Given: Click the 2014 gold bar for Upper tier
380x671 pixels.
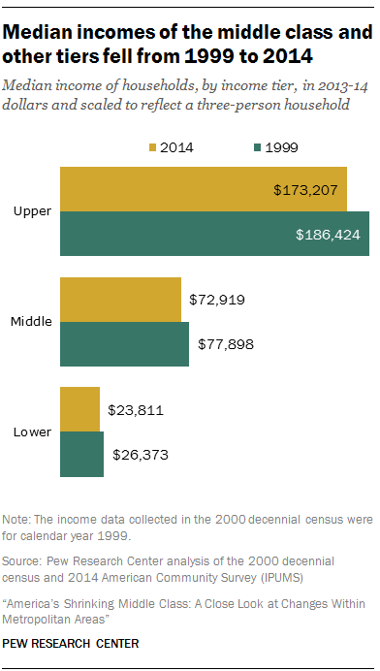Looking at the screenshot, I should (x=204, y=189).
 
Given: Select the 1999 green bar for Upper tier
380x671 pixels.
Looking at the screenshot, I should (x=214, y=234).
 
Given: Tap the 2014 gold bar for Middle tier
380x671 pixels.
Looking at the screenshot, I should (x=120, y=300).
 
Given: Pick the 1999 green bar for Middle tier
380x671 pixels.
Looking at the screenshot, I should (x=124, y=344).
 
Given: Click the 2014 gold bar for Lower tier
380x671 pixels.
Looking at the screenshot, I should (x=79, y=409).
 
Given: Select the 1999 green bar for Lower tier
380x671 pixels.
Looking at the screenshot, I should (x=81, y=454).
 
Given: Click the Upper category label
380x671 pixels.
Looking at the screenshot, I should (x=33, y=211).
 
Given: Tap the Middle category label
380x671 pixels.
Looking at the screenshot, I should (x=31, y=322).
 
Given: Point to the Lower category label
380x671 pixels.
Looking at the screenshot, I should (x=33, y=431).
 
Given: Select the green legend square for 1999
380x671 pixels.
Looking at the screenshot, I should (x=256, y=148).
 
